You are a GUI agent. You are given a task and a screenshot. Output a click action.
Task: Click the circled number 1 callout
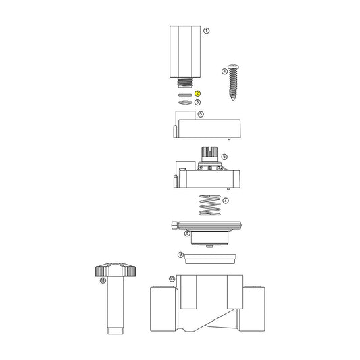[x=207, y=30]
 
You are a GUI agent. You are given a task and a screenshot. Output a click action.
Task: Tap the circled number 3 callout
[x=197, y=102]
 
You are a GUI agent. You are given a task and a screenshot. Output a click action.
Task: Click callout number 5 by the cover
[x=201, y=115]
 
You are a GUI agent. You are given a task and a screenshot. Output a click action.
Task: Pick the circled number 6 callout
[x=224, y=157]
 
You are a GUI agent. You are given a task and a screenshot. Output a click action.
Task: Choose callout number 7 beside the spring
[x=226, y=201]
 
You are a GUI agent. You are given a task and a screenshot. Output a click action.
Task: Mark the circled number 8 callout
[x=187, y=233]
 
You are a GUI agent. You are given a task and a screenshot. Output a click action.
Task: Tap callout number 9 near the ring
[x=180, y=255]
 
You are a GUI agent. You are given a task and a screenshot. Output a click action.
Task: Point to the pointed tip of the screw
[x=235, y=99]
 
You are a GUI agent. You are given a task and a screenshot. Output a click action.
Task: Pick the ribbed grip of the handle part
[x=112, y=272]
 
